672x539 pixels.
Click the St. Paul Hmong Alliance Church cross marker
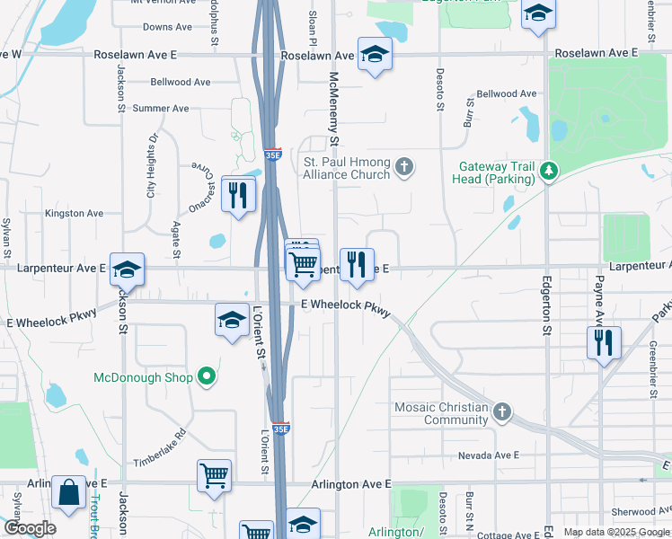[x=405, y=166]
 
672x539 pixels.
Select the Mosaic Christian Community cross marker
[x=502, y=412]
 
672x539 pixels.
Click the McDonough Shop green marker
[x=207, y=376]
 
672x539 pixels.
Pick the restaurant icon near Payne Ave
[x=604, y=342]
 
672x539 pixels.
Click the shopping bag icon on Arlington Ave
[x=68, y=492]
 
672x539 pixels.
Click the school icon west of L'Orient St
[x=232, y=319]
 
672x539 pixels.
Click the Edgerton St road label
[x=545, y=305]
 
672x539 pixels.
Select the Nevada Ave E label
[x=489, y=455]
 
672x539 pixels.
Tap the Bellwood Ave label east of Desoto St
[x=506, y=93]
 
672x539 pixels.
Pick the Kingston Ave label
[x=75, y=214]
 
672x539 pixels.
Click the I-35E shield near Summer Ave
[x=273, y=155]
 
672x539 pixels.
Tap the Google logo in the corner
[x=30, y=528]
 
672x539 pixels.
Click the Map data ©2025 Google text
[x=616, y=532]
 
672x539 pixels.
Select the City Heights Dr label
[x=152, y=166]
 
